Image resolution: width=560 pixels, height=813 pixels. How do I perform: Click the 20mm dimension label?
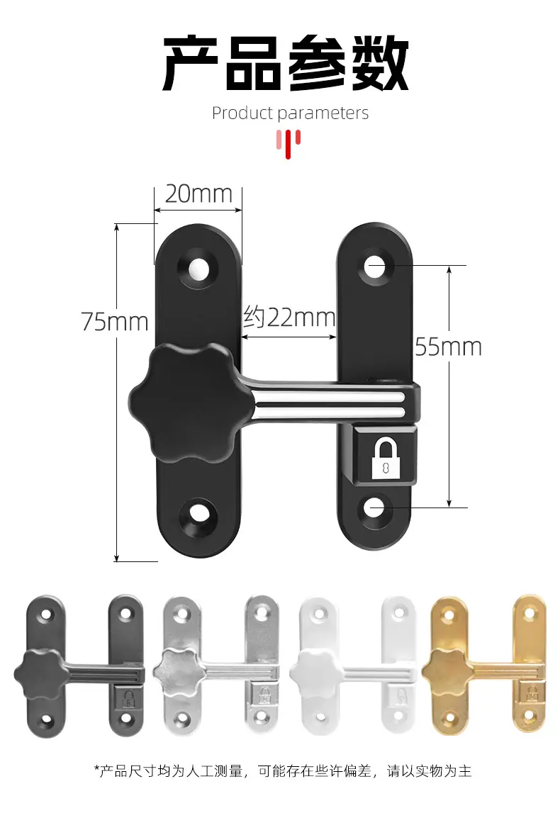[198, 194]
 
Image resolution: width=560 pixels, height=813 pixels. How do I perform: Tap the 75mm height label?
[115, 322]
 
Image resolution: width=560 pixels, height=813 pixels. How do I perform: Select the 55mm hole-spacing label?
[449, 347]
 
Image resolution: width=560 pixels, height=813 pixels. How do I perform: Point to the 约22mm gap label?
[289, 316]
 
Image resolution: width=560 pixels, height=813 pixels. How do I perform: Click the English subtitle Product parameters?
[290, 113]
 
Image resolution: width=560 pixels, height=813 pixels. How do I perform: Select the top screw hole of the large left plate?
[198, 267]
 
